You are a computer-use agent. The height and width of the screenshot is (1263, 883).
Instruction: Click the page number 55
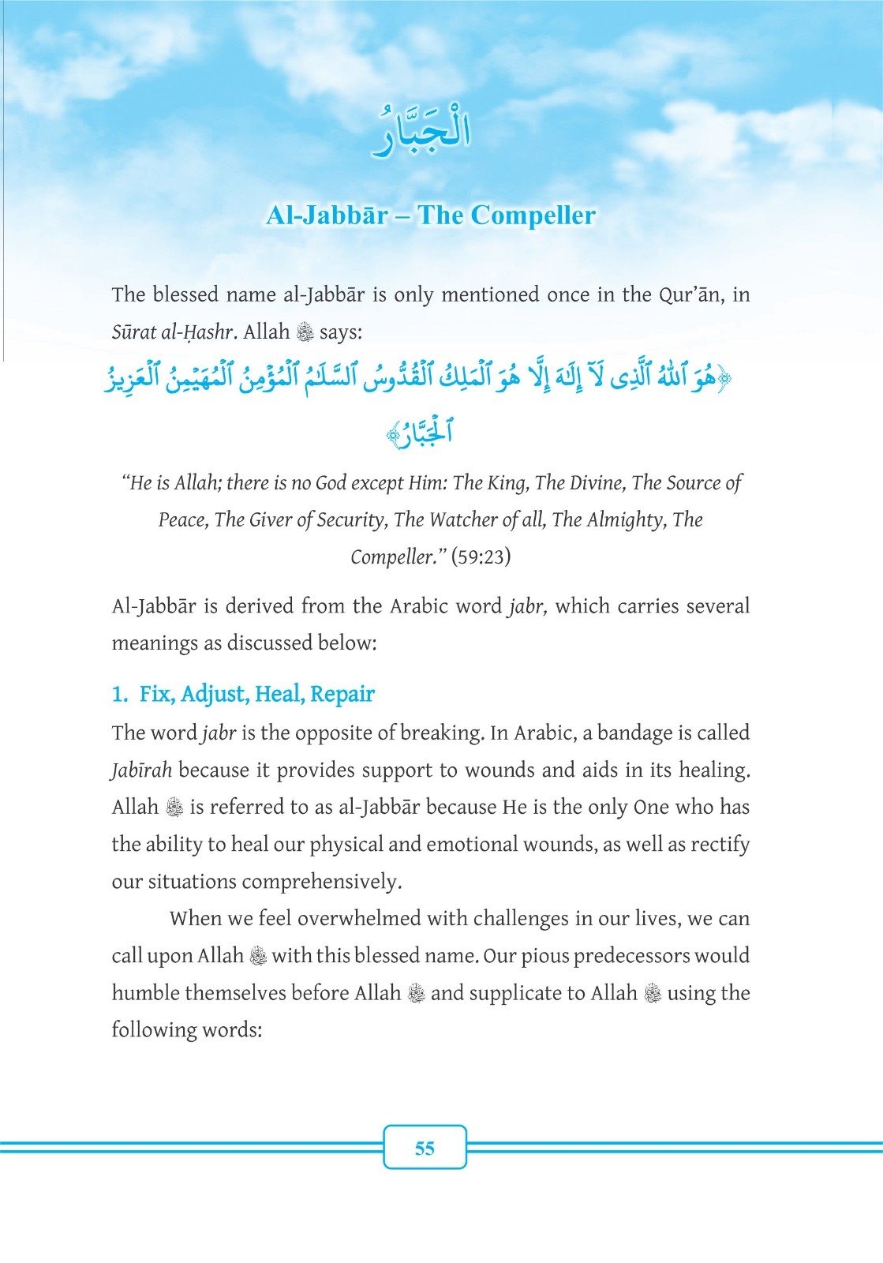425,1148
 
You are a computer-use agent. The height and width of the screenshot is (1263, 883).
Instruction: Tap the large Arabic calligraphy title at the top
422,136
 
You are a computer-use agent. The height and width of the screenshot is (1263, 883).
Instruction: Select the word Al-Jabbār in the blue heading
327,215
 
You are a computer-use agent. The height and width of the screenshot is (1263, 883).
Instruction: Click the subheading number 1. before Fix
120,695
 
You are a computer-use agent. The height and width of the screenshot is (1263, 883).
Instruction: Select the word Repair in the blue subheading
342,695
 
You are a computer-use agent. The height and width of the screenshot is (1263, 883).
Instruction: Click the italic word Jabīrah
141,770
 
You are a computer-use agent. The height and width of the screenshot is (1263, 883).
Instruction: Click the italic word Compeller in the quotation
393,557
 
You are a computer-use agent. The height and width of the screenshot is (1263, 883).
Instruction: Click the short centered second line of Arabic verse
422,433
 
